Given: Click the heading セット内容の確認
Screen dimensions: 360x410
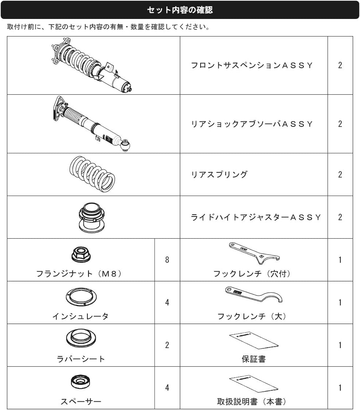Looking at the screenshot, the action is pyautogui.click(x=180, y=10).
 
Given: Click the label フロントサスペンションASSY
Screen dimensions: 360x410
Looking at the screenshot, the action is pyautogui.click(x=252, y=65).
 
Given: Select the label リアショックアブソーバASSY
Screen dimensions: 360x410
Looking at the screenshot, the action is pyautogui.click(x=252, y=124).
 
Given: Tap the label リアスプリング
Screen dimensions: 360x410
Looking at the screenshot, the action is pyautogui.click(x=219, y=175).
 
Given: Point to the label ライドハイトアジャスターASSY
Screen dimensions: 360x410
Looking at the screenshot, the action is pyautogui.click(x=256, y=217).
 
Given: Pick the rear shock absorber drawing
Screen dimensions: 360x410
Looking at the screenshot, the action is pyautogui.click(x=91, y=124).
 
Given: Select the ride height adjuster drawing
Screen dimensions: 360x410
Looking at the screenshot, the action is pyautogui.click(x=92, y=218).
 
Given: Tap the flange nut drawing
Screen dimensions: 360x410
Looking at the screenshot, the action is pyautogui.click(x=81, y=254).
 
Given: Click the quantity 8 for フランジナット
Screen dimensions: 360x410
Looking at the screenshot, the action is pyautogui.click(x=167, y=259).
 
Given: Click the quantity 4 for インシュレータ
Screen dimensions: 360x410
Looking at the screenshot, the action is pyautogui.click(x=167, y=302).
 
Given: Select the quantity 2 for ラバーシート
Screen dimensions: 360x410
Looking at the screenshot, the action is pyautogui.click(x=167, y=345).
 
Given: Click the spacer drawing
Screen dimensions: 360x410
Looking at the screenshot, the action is pyautogui.click(x=81, y=382).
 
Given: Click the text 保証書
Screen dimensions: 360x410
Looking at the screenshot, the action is pyautogui.click(x=254, y=359).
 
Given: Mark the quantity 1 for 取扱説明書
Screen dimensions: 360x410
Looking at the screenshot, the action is pyautogui.click(x=340, y=388).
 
